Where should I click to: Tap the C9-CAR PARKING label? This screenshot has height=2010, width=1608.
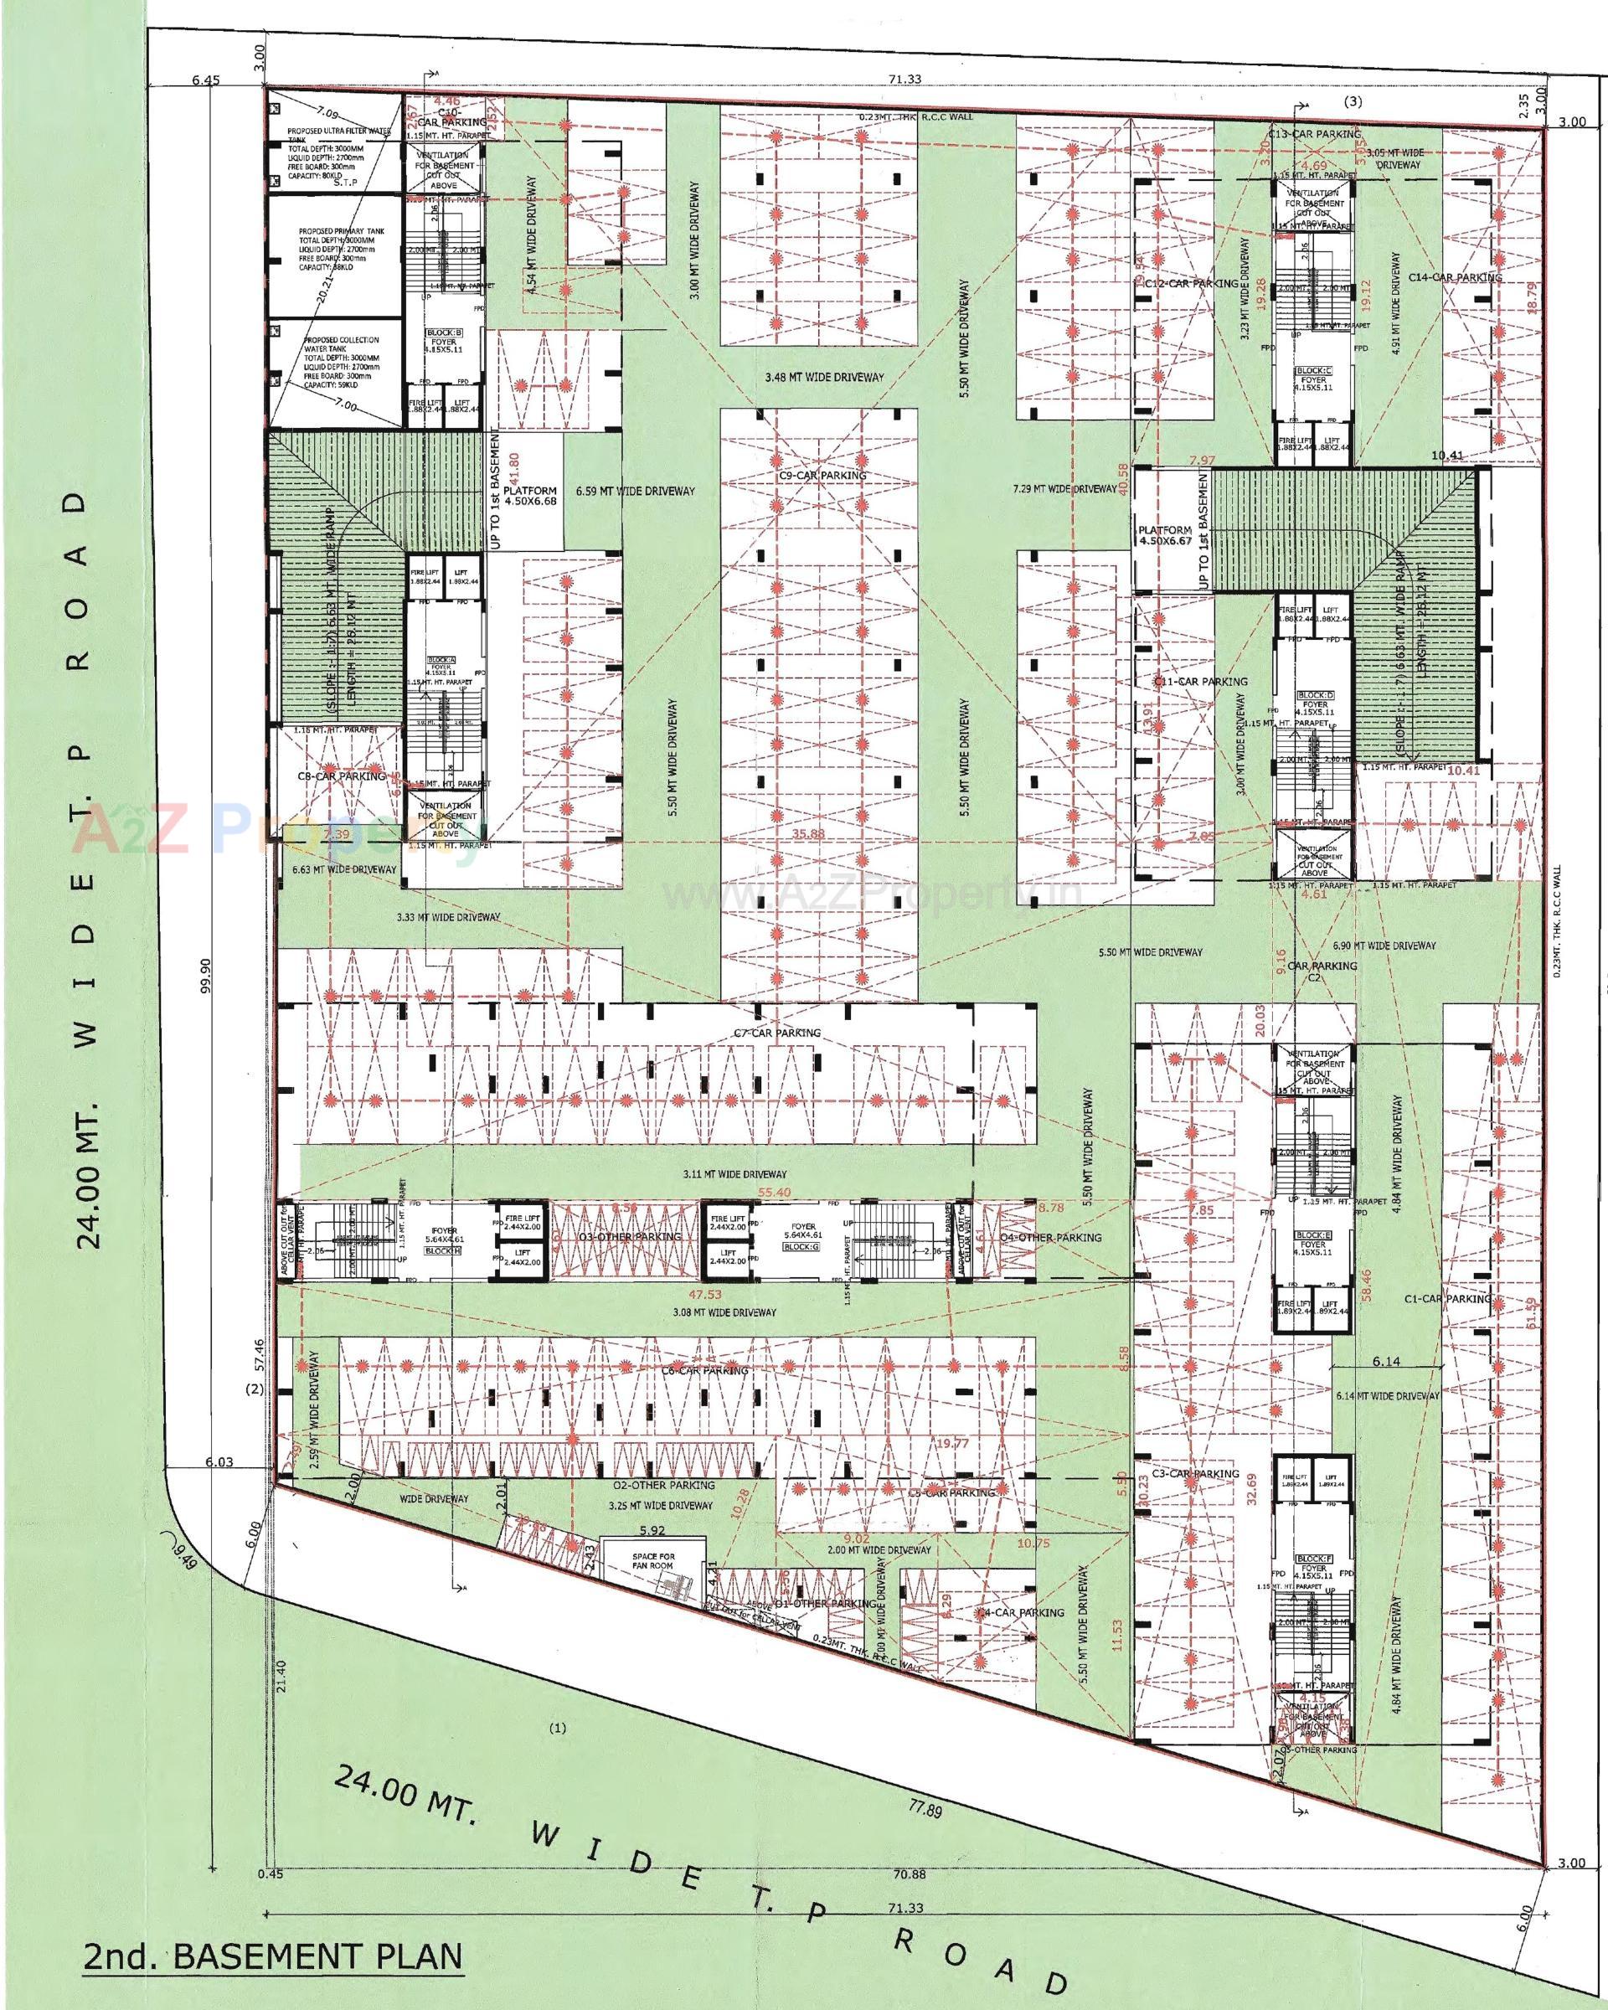tap(822, 476)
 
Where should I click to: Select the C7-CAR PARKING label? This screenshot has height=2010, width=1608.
tap(776, 1033)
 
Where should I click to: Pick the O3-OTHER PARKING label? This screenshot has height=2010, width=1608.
tap(631, 1237)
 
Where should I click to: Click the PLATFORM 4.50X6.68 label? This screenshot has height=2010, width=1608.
tap(529, 495)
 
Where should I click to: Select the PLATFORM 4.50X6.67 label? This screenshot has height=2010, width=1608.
tap(1165, 536)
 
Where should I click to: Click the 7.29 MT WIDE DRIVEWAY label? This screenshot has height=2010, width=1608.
tap(1064, 488)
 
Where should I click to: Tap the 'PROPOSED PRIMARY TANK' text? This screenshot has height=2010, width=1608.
tap(341, 231)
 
